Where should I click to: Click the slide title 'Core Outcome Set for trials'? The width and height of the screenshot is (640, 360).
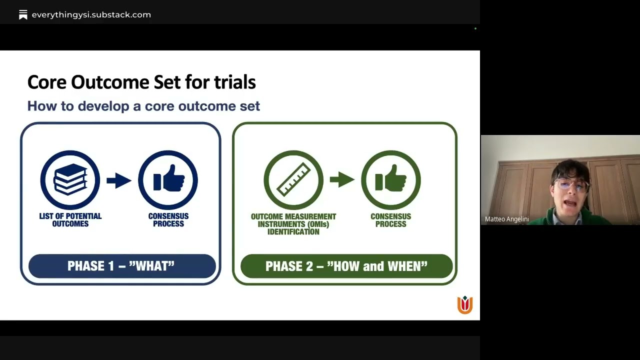click(x=141, y=82)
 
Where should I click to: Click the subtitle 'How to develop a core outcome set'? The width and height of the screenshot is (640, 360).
click(x=143, y=106)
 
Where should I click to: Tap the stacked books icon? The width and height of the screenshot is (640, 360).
click(x=70, y=180)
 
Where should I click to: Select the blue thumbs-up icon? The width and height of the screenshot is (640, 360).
click(x=168, y=180)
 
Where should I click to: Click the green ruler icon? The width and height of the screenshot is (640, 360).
click(x=293, y=180)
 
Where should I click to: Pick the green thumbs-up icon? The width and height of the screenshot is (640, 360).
click(x=390, y=180)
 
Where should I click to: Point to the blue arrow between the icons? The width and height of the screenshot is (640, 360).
click(x=119, y=180)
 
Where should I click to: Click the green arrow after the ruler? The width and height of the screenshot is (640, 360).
click(x=342, y=179)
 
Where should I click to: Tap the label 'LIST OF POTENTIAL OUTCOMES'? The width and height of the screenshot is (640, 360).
click(x=70, y=220)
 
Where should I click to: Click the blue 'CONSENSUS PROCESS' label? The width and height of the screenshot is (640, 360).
click(x=168, y=220)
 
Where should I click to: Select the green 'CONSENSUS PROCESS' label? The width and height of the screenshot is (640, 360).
click(x=390, y=220)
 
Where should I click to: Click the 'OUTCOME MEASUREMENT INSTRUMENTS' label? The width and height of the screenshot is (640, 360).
click(x=293, y=224)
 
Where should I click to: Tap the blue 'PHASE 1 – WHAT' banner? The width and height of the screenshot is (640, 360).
click(x=121, y=266)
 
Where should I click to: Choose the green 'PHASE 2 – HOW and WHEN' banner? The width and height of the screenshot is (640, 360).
click(x=346, y=266)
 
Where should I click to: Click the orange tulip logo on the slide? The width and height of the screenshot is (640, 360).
click(x=464, y=304)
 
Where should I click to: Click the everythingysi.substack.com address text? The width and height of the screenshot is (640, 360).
click(x=91, y=15)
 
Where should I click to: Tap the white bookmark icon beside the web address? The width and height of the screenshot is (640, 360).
click(x=23, y=15)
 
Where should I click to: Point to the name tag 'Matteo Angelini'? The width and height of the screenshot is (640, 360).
click(x=506, y=219)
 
